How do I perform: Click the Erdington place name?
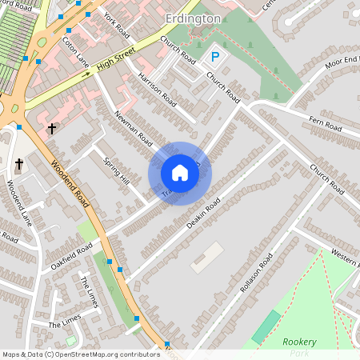(x=193, y=18)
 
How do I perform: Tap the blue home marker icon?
(x=180, y=173)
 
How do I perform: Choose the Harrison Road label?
(x=157, y=88)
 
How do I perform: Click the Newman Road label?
(x=134, y=127)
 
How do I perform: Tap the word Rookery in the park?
(x=300, y=342)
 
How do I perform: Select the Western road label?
(x=345, y=259)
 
